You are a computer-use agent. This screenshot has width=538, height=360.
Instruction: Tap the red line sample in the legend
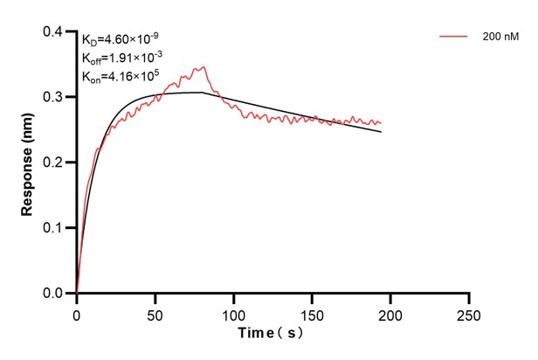click(x=454, y=37)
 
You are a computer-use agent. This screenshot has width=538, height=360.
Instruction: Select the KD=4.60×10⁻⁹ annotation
click(x=121, y=39)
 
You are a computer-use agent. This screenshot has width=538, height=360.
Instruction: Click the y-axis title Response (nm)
click(x=27, y=163)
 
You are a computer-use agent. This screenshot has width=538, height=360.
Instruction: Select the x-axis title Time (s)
click(x=272, y=333)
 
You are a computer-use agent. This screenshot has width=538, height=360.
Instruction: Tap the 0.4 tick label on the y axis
click(x=53, y=32)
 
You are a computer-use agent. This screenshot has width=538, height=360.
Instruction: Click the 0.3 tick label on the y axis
click(x=53, y=97)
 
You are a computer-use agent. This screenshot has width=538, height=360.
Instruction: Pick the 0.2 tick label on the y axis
click(x=53, y=163)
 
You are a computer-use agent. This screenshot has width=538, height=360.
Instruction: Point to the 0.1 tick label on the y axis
click(x=53, y=228)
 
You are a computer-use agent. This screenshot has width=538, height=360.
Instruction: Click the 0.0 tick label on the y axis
click(x=53, y=294)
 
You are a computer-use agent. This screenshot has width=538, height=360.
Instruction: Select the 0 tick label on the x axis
click(x=77, y=311)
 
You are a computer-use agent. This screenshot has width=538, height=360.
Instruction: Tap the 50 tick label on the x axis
click(x=155, y=311)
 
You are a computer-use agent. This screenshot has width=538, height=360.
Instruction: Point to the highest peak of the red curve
click(x=204, y=66)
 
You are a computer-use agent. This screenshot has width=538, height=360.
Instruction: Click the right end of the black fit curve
click(x=382, y=132)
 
